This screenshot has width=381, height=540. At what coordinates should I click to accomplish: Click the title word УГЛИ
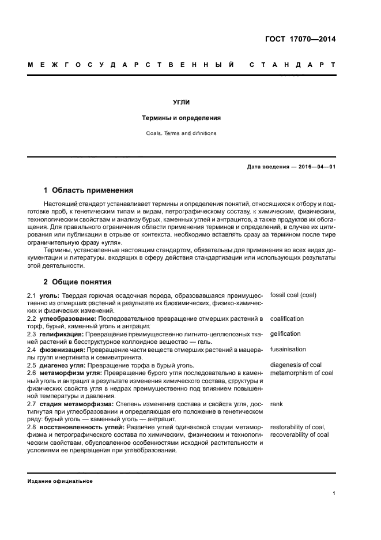pyautogui.click(x=182, y=102)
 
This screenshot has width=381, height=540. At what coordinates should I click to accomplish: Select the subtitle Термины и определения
pyautogui.click(x=182, y=118)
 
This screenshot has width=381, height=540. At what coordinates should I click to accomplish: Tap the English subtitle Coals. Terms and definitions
pyautogui.click(x=182, y=133)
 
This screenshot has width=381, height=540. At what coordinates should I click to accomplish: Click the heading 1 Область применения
pyautogui.click(x=89, y=190)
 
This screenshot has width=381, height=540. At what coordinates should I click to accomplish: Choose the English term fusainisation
pyautogui.click(x=288, y=349)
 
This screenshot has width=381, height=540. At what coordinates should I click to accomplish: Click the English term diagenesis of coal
pyautogui.click(x=296, y=365)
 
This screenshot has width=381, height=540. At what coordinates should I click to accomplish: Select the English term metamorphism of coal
pyautogui.click(x=301, y=373)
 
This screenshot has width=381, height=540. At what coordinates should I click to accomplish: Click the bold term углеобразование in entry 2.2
pyautogui.click(x=69, y=318)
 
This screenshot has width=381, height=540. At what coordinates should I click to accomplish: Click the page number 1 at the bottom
pyautogui.click(x=334, y=493)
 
